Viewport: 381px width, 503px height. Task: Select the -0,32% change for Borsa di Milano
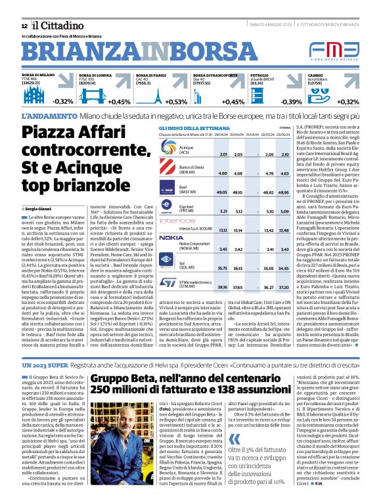coord(63,102)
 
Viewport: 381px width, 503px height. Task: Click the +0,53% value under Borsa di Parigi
coord(176,102)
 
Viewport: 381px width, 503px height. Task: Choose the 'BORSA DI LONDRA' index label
coord(95,76)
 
